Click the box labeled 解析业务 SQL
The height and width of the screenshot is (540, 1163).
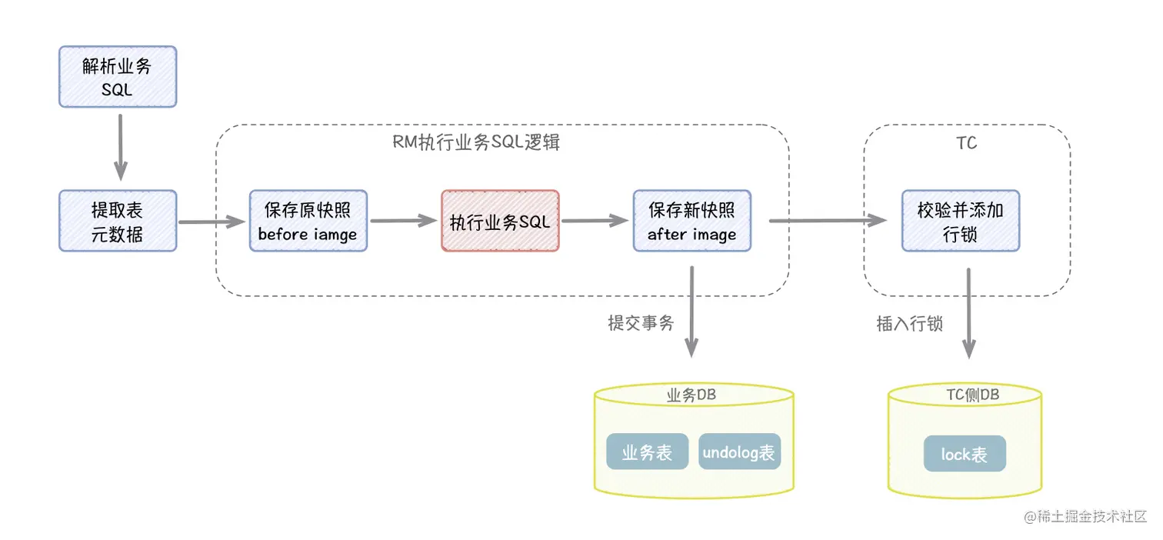click(118, 76)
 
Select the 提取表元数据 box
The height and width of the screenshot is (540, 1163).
click(118, 221)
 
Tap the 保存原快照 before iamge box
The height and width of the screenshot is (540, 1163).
click(308, 221)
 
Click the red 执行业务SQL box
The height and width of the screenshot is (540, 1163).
click(500, 221)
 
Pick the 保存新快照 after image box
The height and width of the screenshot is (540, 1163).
click(691, 221)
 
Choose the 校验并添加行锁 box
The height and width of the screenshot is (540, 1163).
click(960, 221)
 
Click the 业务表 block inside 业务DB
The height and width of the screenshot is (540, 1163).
click(647, 452)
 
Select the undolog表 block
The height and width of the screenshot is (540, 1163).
click(738, 452)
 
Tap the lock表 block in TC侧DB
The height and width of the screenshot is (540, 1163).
click(965, 454)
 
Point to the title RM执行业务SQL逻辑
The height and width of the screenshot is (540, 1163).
click(476, 143)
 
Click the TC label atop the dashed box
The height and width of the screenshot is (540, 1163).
click(967, 143)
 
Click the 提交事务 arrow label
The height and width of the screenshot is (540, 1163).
click(641, 323)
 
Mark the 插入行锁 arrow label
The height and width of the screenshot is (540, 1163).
click(909, 323)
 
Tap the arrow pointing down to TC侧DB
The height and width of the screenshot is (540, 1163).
click(968, 312)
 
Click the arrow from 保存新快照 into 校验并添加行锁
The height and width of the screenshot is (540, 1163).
click(827, 221)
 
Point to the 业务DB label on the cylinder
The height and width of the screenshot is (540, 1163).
click(692, 395)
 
